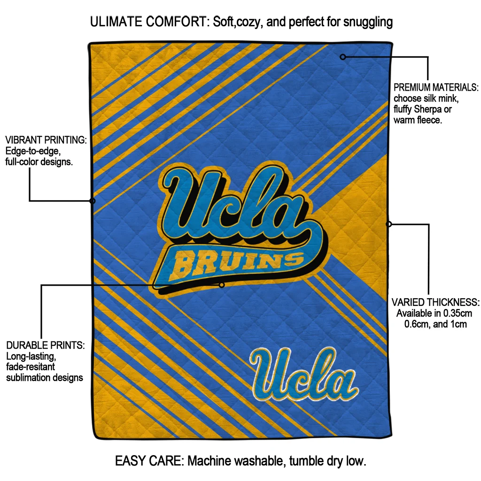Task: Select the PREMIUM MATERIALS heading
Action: [x=436, y=88]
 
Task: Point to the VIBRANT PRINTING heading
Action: [x=46, y=140]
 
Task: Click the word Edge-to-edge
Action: [x=32, y=151]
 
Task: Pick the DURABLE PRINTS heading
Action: [x=46, y=345]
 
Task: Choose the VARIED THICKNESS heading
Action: [x=435, y=302]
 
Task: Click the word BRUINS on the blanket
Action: [x=237, y=263]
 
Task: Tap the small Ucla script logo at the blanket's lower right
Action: [x=303, y=375]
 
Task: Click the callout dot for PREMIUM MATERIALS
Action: [x=343, y=57]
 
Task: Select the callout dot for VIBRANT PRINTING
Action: [x=93, y=201]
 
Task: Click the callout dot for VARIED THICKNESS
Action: [x=388, y=224]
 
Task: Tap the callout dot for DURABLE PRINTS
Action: [x=222, y=285]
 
